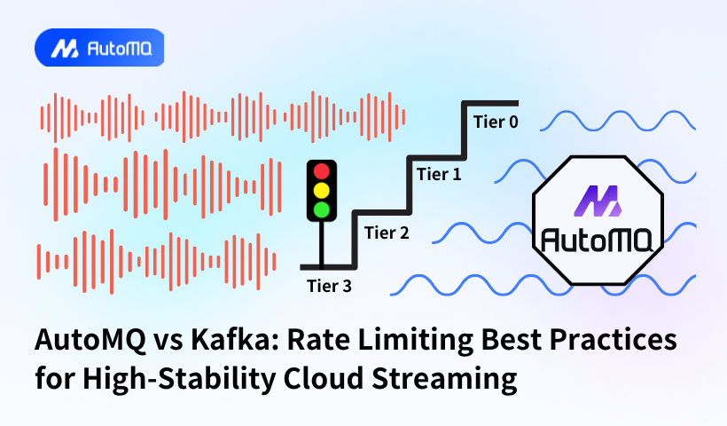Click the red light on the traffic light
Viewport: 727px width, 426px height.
[321, 171]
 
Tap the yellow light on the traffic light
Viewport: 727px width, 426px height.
[321, 191]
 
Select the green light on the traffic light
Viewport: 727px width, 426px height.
[321, 209]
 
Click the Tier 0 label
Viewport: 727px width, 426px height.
[496, 122]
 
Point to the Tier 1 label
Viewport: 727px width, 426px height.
[439, 175]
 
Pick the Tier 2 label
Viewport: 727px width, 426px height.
[387, 233]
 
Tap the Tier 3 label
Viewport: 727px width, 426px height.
[329, 287]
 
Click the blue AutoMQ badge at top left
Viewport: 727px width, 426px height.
[99, 48]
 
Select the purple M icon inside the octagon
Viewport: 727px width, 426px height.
[598, 201]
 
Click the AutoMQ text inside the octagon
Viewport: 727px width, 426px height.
[598, 240]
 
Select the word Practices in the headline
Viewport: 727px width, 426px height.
[614, 340]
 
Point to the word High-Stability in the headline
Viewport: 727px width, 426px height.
[179, 380]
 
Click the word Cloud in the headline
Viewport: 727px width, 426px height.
[324, 379]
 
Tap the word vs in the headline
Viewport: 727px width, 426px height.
[168, 343]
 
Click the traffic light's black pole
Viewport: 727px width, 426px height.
[321, 244]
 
